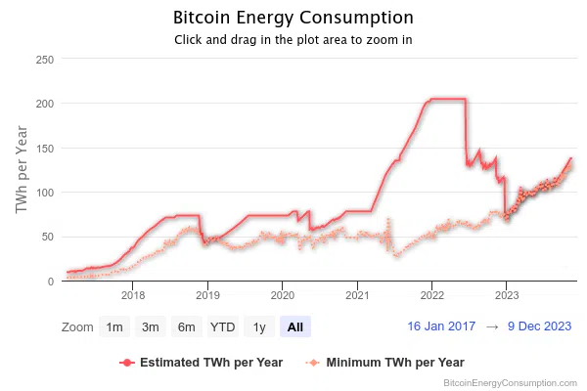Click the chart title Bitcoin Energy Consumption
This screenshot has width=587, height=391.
pyautogui.click(x=293, y=18)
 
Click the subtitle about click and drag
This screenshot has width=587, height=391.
pyautogui.click(x=293, y=40)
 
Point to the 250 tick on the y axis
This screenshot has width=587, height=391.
pyautogui.click(x=45, y=59)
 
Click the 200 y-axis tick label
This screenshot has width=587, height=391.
pyautogui.click(x=45, y=104)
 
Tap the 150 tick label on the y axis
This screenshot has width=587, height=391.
pyautogui.click(x=45, y=148)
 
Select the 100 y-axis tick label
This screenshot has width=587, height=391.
pyautogui.click(x=45, y=193)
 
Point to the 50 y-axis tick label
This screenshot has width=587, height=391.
pyautogui.click(x=48, y=237)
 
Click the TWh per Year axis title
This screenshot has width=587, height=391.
pyautogui.click(x=22, y=170)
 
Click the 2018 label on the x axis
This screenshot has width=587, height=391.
pyautogui.click(x=133, y=293)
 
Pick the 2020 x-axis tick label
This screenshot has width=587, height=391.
pyautogui.click(x=282, y=293)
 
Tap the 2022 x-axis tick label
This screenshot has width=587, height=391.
pyautogui.click(x=431, y=293)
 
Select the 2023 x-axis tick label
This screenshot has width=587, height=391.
pyautogui.click(x=507, y=293)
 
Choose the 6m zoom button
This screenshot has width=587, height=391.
pyautogui.click(x=186, y=326)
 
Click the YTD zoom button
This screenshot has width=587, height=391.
pyautogui.click(x=222, y=326)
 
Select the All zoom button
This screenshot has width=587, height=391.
pyautogui.click(x=295, y=326)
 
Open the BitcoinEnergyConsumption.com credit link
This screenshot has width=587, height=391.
pyautogui.click(x=510, y=383)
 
